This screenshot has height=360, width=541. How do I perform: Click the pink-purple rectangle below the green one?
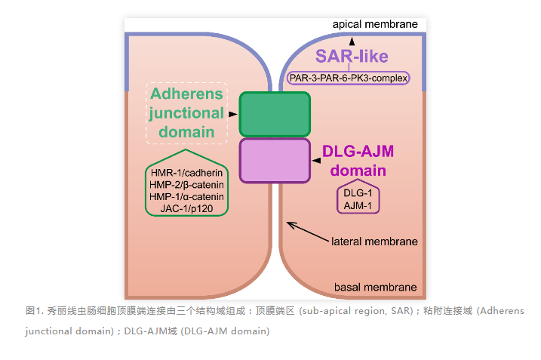coord(275,160)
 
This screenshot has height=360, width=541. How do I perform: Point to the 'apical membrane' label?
coord(375,25)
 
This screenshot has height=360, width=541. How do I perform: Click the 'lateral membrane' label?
coord(375,242)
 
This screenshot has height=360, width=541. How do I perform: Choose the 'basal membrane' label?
coord(376,288)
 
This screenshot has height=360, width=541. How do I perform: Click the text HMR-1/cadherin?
coord(187,173)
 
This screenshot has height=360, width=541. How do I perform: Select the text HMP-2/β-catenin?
coord(187,185)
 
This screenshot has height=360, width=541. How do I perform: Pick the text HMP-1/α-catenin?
coord(187,197)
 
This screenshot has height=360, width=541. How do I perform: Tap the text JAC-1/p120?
coord(187,209)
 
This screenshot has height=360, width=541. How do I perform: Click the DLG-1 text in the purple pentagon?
coord(358,192)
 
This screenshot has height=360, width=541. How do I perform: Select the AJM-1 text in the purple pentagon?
coord(358,205)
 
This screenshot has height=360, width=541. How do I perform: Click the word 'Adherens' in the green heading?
coord(186,94)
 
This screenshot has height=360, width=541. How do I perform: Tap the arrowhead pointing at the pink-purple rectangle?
coord(317,160)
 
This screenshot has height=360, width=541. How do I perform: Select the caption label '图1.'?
coord(34,310)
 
